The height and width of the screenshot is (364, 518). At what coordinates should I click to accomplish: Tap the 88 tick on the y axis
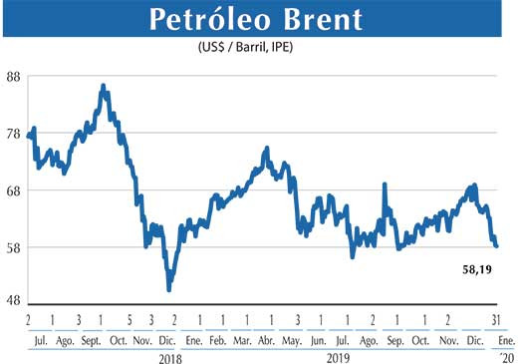(x=14, y=76)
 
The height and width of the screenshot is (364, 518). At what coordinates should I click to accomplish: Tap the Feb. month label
(x=218, y=339)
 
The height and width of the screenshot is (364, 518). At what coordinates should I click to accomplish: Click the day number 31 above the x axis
(x=495, y=320)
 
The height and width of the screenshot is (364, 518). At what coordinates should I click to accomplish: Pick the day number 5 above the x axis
(x=130, y=320)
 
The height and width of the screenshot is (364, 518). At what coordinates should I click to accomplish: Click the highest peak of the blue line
(x=104, y=87)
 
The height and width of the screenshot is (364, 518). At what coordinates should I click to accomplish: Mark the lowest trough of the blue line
(x=169, y=289)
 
